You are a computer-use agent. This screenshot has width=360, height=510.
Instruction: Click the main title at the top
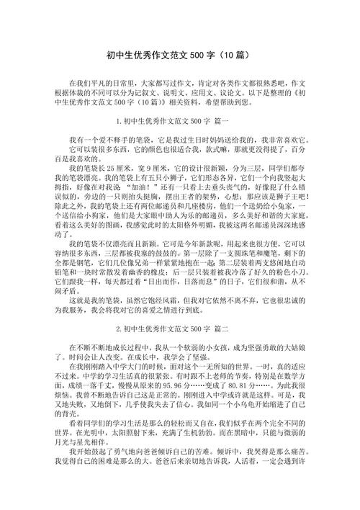pos(179,54)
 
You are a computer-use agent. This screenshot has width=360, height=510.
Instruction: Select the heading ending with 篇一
pos(181,120)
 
